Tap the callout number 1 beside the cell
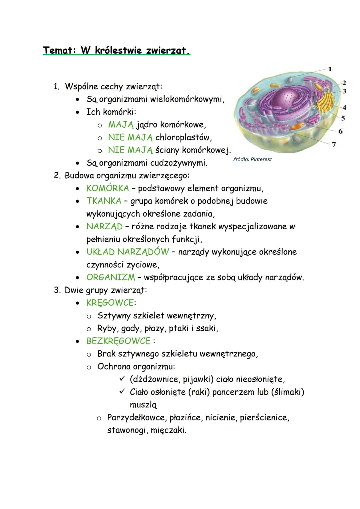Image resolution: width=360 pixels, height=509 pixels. point(330,69)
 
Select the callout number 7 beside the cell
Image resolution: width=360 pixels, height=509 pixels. point(334,144)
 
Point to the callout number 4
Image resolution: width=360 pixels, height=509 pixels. point(344,107)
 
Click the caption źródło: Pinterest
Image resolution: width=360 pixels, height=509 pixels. point(252,159)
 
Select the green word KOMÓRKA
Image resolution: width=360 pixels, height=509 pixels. point(107,188)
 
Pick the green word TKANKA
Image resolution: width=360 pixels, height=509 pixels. point(104,201)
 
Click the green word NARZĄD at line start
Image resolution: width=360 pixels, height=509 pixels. point(104,227)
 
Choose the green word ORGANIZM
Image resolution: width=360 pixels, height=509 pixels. point(110,277)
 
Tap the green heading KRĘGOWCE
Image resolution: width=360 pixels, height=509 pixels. point(110,303)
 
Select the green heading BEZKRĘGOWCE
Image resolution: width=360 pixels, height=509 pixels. point(118,341)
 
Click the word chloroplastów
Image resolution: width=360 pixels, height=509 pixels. point(183,137)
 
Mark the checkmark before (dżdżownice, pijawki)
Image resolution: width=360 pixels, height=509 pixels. point(122,379)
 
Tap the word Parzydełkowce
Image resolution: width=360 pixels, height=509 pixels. point(136,418)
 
